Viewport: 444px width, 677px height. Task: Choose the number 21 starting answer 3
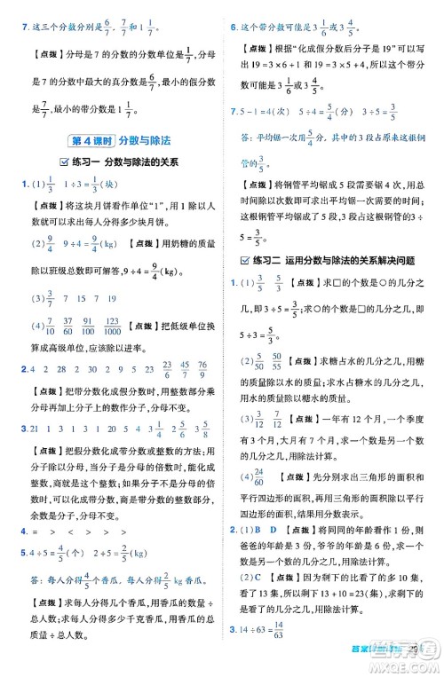tap(34, 429)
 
